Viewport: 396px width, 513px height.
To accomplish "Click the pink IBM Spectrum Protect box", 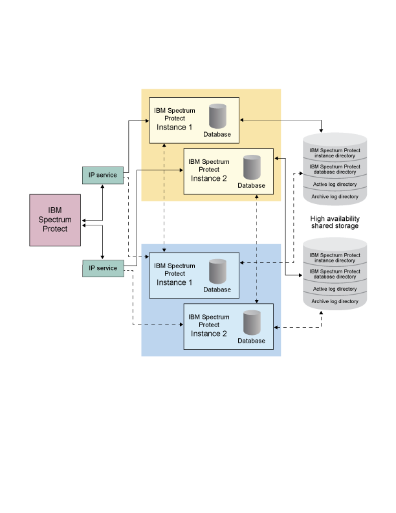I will click(x=55, y=220).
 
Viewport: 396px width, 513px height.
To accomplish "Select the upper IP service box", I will click(x=103, y=175).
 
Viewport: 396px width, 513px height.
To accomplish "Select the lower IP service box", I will click(x=103, y=268).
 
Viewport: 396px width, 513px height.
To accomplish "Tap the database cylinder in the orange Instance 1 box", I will click(x=217, y=117).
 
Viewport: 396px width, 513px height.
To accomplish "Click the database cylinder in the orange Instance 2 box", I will click(x=252, y=168).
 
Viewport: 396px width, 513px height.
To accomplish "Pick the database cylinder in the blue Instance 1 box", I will click(x=217, y=271).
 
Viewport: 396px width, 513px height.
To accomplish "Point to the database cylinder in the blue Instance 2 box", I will click(x=252, y=323).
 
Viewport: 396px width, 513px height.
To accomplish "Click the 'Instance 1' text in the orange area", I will click(x=175, y=127).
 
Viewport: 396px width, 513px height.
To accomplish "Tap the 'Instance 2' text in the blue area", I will click(x=209, y=334).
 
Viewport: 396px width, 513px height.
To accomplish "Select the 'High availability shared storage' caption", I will click(x=335, y=222).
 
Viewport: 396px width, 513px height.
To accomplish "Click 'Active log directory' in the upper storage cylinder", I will click(x=335, y=184).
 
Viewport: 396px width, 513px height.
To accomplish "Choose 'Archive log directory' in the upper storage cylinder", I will click(x=335, y=196).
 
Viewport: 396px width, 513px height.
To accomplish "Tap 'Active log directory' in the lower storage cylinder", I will click(x=335, y=289).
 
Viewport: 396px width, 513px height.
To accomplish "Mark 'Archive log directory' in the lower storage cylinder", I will click(x=335, y=301).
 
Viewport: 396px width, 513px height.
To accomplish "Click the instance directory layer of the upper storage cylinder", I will click(x=335, y=153).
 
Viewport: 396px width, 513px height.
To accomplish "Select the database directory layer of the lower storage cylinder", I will click(x=335, y=273).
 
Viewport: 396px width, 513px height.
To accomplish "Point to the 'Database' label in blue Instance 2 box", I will click(x=251, y=341).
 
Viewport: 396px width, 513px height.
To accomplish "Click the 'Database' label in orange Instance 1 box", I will click(x=217, y=134).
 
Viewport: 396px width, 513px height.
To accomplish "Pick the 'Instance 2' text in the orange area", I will click(x=209, y=178).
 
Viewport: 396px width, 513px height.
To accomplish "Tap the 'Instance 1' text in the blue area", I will click(x=175, y=282).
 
